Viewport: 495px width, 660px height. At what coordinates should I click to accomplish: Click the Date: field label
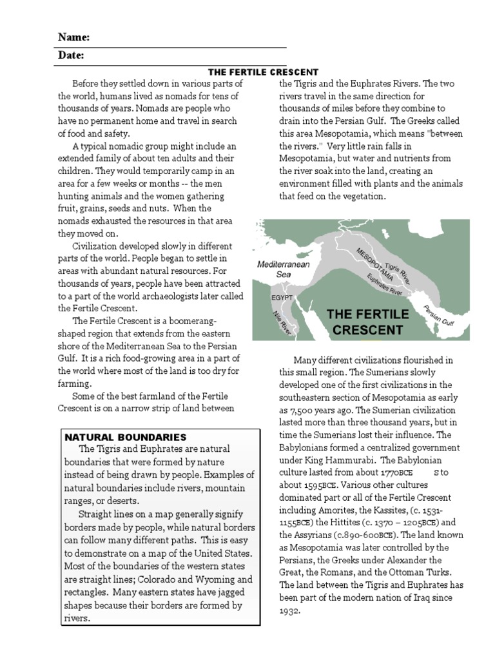pyautogui.click(x=71, y=56)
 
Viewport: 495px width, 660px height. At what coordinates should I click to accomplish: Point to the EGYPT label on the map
pyautogui.click(x=282, y=298)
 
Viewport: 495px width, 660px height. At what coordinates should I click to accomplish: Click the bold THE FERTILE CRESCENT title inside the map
pyautogui.click(x=368, y=322)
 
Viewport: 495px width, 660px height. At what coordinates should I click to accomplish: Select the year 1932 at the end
pyautogui.click(x=290, y=610)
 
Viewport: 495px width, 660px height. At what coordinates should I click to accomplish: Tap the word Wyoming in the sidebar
pyautogui.click(x=217, y=579)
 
